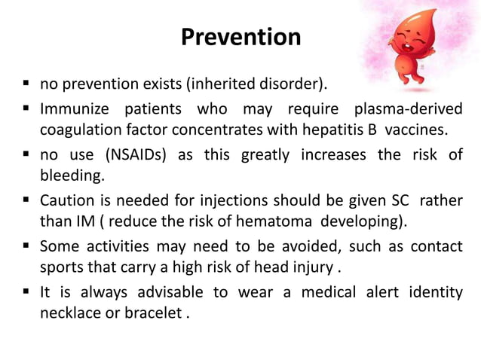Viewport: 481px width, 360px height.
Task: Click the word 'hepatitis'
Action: pos(332,129)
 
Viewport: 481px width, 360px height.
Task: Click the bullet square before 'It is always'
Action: pos(26,293)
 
